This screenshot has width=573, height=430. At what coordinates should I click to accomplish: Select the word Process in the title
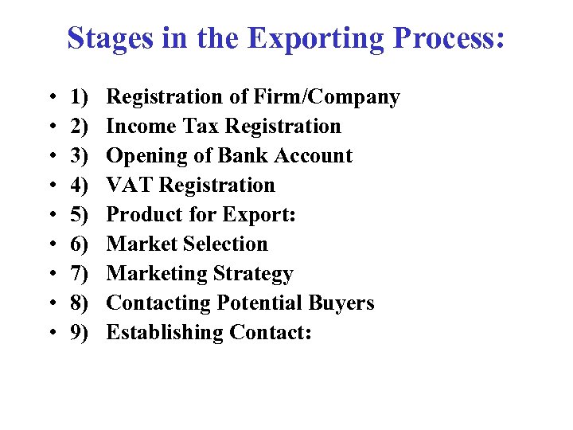(450, 37)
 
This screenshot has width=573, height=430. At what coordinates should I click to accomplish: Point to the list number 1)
(79, 97)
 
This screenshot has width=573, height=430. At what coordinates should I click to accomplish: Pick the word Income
(140, 127)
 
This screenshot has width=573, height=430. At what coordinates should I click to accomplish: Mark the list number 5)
(79, 215)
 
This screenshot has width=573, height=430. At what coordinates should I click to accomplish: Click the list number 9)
(79, 333)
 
